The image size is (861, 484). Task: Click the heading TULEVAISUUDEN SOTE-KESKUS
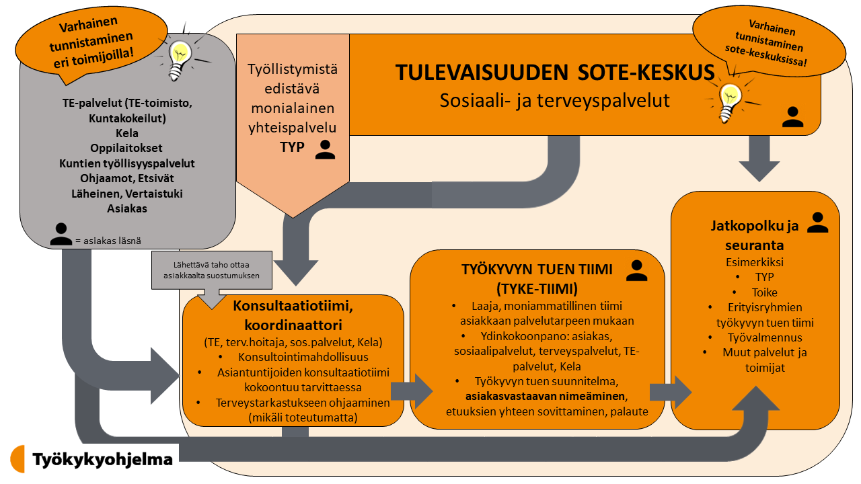pos(555,72)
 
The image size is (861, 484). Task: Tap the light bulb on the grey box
pos(180,61)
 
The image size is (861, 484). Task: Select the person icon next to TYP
pos(325,149)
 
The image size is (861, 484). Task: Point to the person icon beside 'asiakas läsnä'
pos(61,234)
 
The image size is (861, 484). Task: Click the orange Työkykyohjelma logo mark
pos(17,458)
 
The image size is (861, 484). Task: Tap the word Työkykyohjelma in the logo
pos(103,460)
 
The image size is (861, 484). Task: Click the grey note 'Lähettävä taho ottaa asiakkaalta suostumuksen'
pos(211,270)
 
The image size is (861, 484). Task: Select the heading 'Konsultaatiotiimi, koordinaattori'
pos(293,315)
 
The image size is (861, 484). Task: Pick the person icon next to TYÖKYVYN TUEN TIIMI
pos(637,270)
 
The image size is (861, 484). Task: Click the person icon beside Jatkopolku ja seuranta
pos(817,223)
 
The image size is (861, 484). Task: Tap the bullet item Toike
pos(765,292)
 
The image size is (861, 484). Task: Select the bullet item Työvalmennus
pos(765,337)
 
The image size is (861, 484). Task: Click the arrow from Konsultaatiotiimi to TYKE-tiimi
pos(412,391)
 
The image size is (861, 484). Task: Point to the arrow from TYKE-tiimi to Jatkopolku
pos(671,392)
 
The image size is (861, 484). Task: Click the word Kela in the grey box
pos(127,133)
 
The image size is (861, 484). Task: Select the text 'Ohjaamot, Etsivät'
pos(127,178)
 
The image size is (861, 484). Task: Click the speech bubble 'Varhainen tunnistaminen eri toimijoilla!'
pos(91,43)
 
